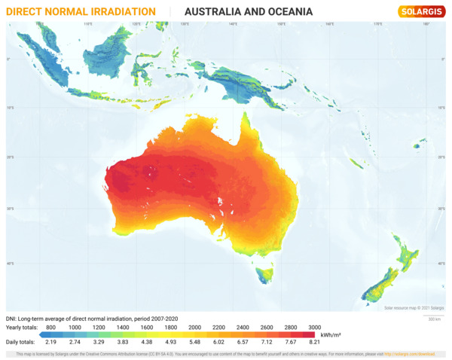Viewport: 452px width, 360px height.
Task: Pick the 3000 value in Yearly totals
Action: (x=314, y=327)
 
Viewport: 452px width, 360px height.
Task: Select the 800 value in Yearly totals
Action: (x=51, y=327)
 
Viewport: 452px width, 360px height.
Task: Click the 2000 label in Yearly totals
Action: (x=194, y=327)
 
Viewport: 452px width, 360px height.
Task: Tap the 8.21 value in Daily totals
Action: (x=314, y=342)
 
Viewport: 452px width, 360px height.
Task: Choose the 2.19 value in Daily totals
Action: (x=51, y=342)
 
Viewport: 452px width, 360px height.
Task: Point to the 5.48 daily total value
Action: (x=194, y=342)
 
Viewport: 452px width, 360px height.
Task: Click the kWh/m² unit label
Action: (x=331, y=334)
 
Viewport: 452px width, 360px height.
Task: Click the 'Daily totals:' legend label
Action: (x=23, y=342)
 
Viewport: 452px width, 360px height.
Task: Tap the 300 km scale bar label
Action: (x=433, y=319)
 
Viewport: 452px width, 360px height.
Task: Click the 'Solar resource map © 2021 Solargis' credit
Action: (x=414, y=308)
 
